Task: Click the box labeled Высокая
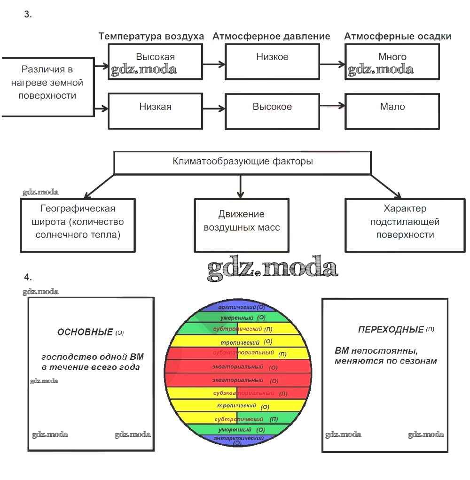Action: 155,62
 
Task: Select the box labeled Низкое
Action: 272,62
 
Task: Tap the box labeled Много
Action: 392,62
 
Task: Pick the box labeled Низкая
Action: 155,111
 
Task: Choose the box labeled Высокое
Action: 272,111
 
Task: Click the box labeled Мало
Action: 392,111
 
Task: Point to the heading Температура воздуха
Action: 151,37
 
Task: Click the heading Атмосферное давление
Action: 271,37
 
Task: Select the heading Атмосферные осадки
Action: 398,37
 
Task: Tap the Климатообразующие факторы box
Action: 243,163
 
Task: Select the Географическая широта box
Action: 78,225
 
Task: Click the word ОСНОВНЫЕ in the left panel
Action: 85,332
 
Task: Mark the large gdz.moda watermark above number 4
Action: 273,268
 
